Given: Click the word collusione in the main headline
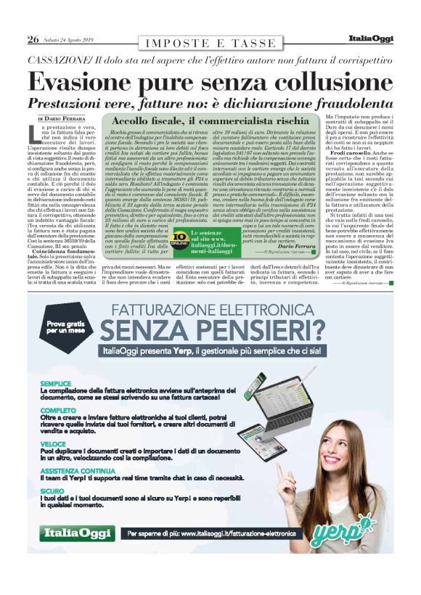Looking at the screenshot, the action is (308, 79).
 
